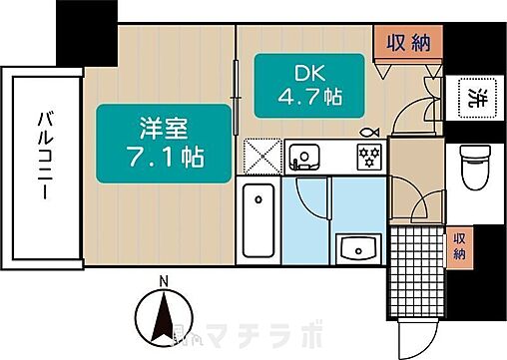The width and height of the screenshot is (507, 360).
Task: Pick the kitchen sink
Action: [x=303, y=156]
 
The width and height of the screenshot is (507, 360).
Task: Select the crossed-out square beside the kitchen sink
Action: [x=260, y=157]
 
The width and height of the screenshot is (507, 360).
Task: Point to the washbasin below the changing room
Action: [x=354, y=247]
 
